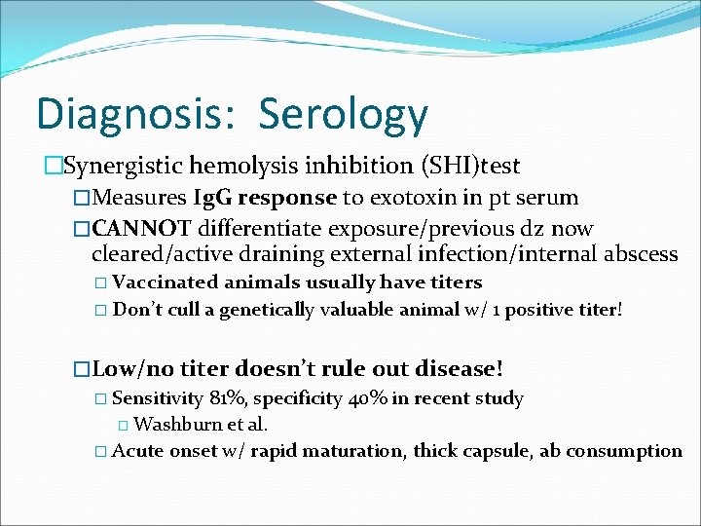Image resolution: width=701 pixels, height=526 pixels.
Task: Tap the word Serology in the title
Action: [x=343, y=114]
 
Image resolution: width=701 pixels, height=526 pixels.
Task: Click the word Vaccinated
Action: [x=166, y=282]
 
